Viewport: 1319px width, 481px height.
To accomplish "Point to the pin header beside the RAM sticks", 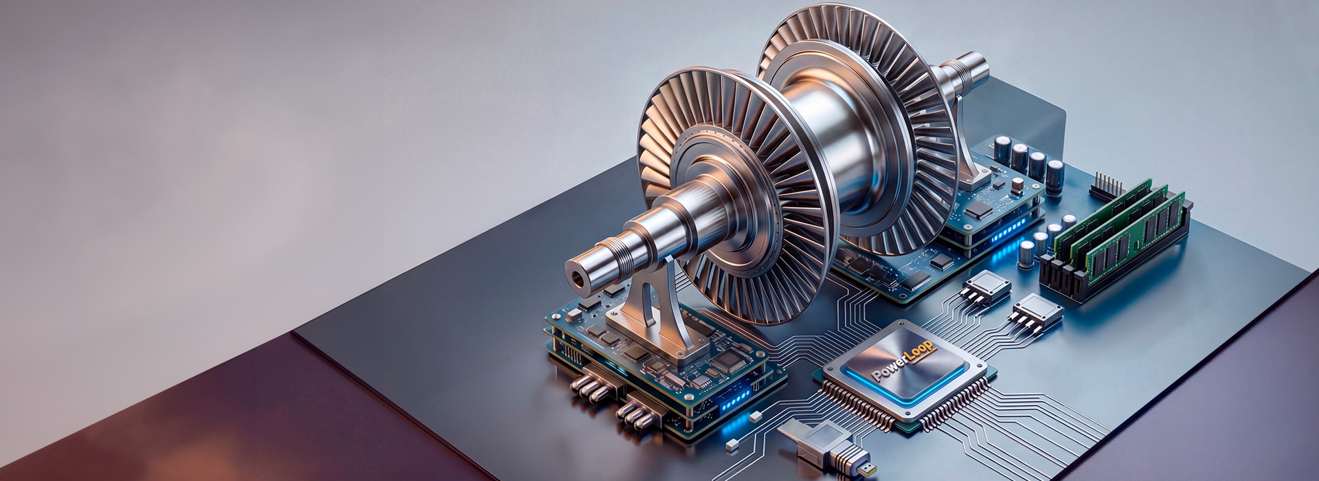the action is tap(1107, 185).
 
